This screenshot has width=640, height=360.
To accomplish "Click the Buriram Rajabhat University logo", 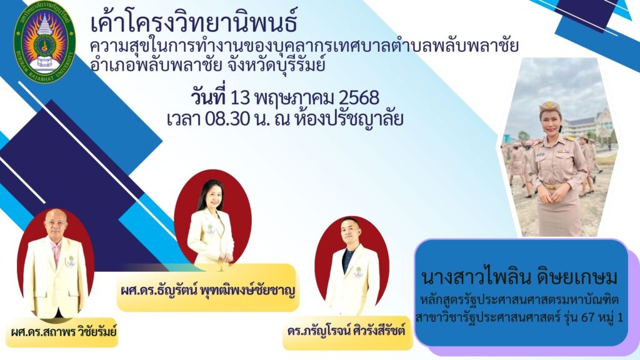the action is click(x=44, y=42).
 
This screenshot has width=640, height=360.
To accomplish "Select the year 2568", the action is click(x=359, y=97).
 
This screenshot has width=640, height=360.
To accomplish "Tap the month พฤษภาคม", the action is click(x=294, y=98).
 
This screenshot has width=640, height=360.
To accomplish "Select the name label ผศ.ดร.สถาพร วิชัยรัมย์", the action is click(x=64, y=331).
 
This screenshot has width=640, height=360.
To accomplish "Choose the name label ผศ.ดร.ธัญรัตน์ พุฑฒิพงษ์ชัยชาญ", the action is click(x=207, y=291).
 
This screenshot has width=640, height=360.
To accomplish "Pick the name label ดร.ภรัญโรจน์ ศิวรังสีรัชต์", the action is click(x=346, y=331).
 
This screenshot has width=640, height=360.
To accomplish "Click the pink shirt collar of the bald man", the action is click(x=56, y=246).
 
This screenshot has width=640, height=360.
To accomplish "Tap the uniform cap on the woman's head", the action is click(x=549, y=107).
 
